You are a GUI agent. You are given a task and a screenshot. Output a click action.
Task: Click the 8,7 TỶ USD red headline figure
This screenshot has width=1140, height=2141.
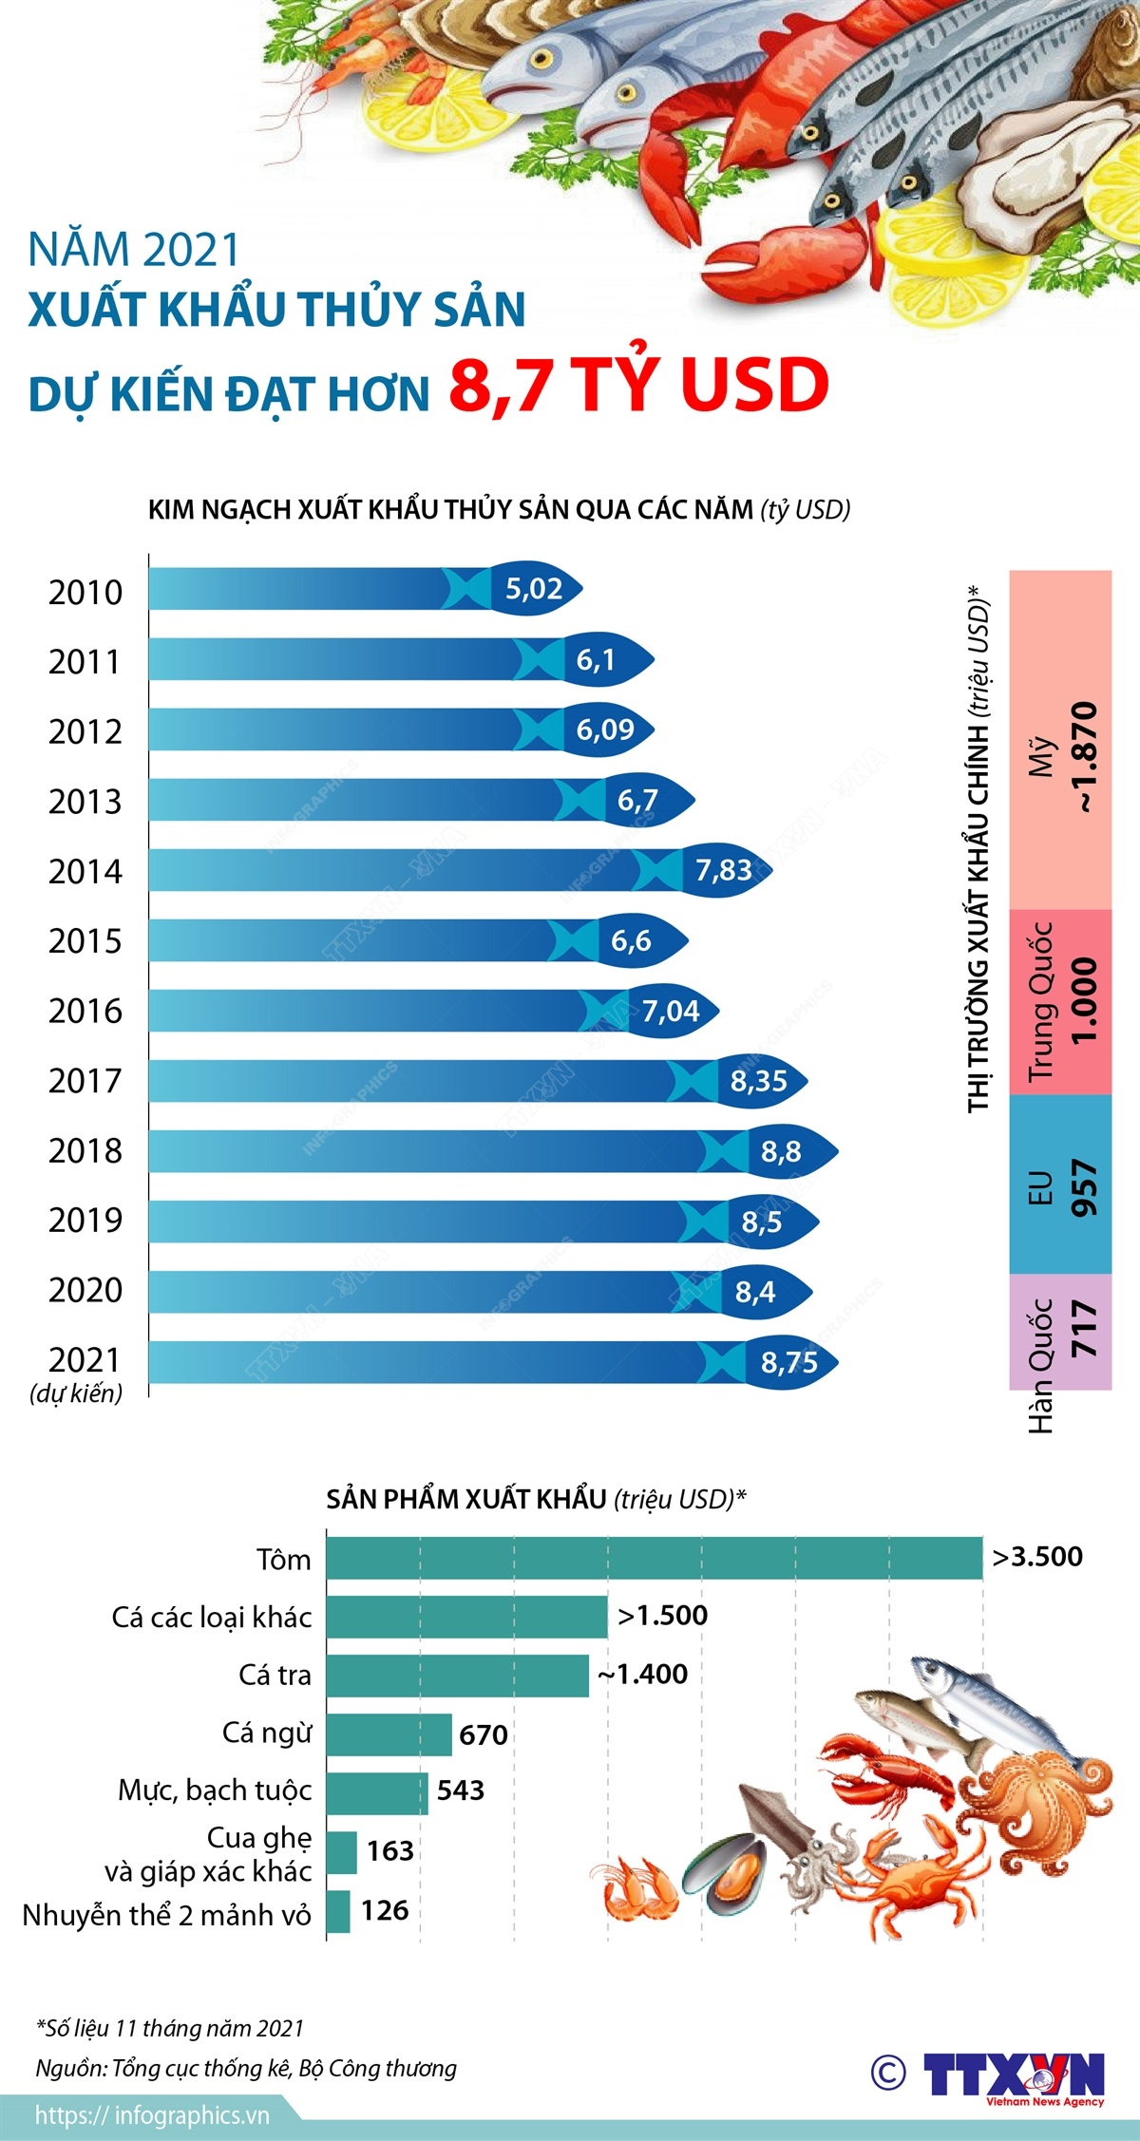tap(638, 385)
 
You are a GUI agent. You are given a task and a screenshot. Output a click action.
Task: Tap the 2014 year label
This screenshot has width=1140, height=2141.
tap(85, 871)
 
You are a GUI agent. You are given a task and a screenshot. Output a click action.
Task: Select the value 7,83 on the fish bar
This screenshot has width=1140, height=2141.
tap(724, 870)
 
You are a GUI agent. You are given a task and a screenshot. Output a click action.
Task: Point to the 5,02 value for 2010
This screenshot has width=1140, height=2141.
tap(534, 589)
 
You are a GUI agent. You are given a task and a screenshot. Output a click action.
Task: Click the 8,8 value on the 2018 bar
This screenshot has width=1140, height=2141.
tap(781, 1151)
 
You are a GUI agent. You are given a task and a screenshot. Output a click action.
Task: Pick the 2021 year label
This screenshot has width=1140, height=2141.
tap(85, 1360)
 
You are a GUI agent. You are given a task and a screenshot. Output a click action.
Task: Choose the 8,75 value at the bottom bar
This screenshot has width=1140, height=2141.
tap(789, 1362)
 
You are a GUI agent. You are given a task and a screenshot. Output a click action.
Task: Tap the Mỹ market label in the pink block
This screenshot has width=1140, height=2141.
tap(1043, 755)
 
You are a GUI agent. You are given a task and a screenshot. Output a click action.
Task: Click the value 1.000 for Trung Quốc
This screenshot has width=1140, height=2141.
tap(1084, 1000)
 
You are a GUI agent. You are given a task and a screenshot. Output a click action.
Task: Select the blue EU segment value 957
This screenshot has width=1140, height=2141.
tap(1084, 1187)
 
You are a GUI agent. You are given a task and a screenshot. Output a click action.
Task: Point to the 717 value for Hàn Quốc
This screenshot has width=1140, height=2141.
tap(1084, 1329)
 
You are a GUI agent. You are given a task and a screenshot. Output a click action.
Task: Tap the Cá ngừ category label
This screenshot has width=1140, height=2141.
tap(267, 1733)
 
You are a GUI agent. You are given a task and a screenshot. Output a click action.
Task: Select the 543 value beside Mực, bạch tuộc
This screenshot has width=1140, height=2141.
tap(461, 1790)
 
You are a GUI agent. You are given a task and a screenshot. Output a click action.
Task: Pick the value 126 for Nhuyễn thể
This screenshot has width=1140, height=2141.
tap(385, 1910)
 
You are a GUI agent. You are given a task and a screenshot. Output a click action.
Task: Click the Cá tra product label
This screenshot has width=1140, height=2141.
tap(275, 1675)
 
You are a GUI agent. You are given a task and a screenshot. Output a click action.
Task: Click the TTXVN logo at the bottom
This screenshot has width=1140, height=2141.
tap(1013, 2075)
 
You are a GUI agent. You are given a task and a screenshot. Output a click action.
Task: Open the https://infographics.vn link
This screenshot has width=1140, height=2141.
tap(152, 2115)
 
